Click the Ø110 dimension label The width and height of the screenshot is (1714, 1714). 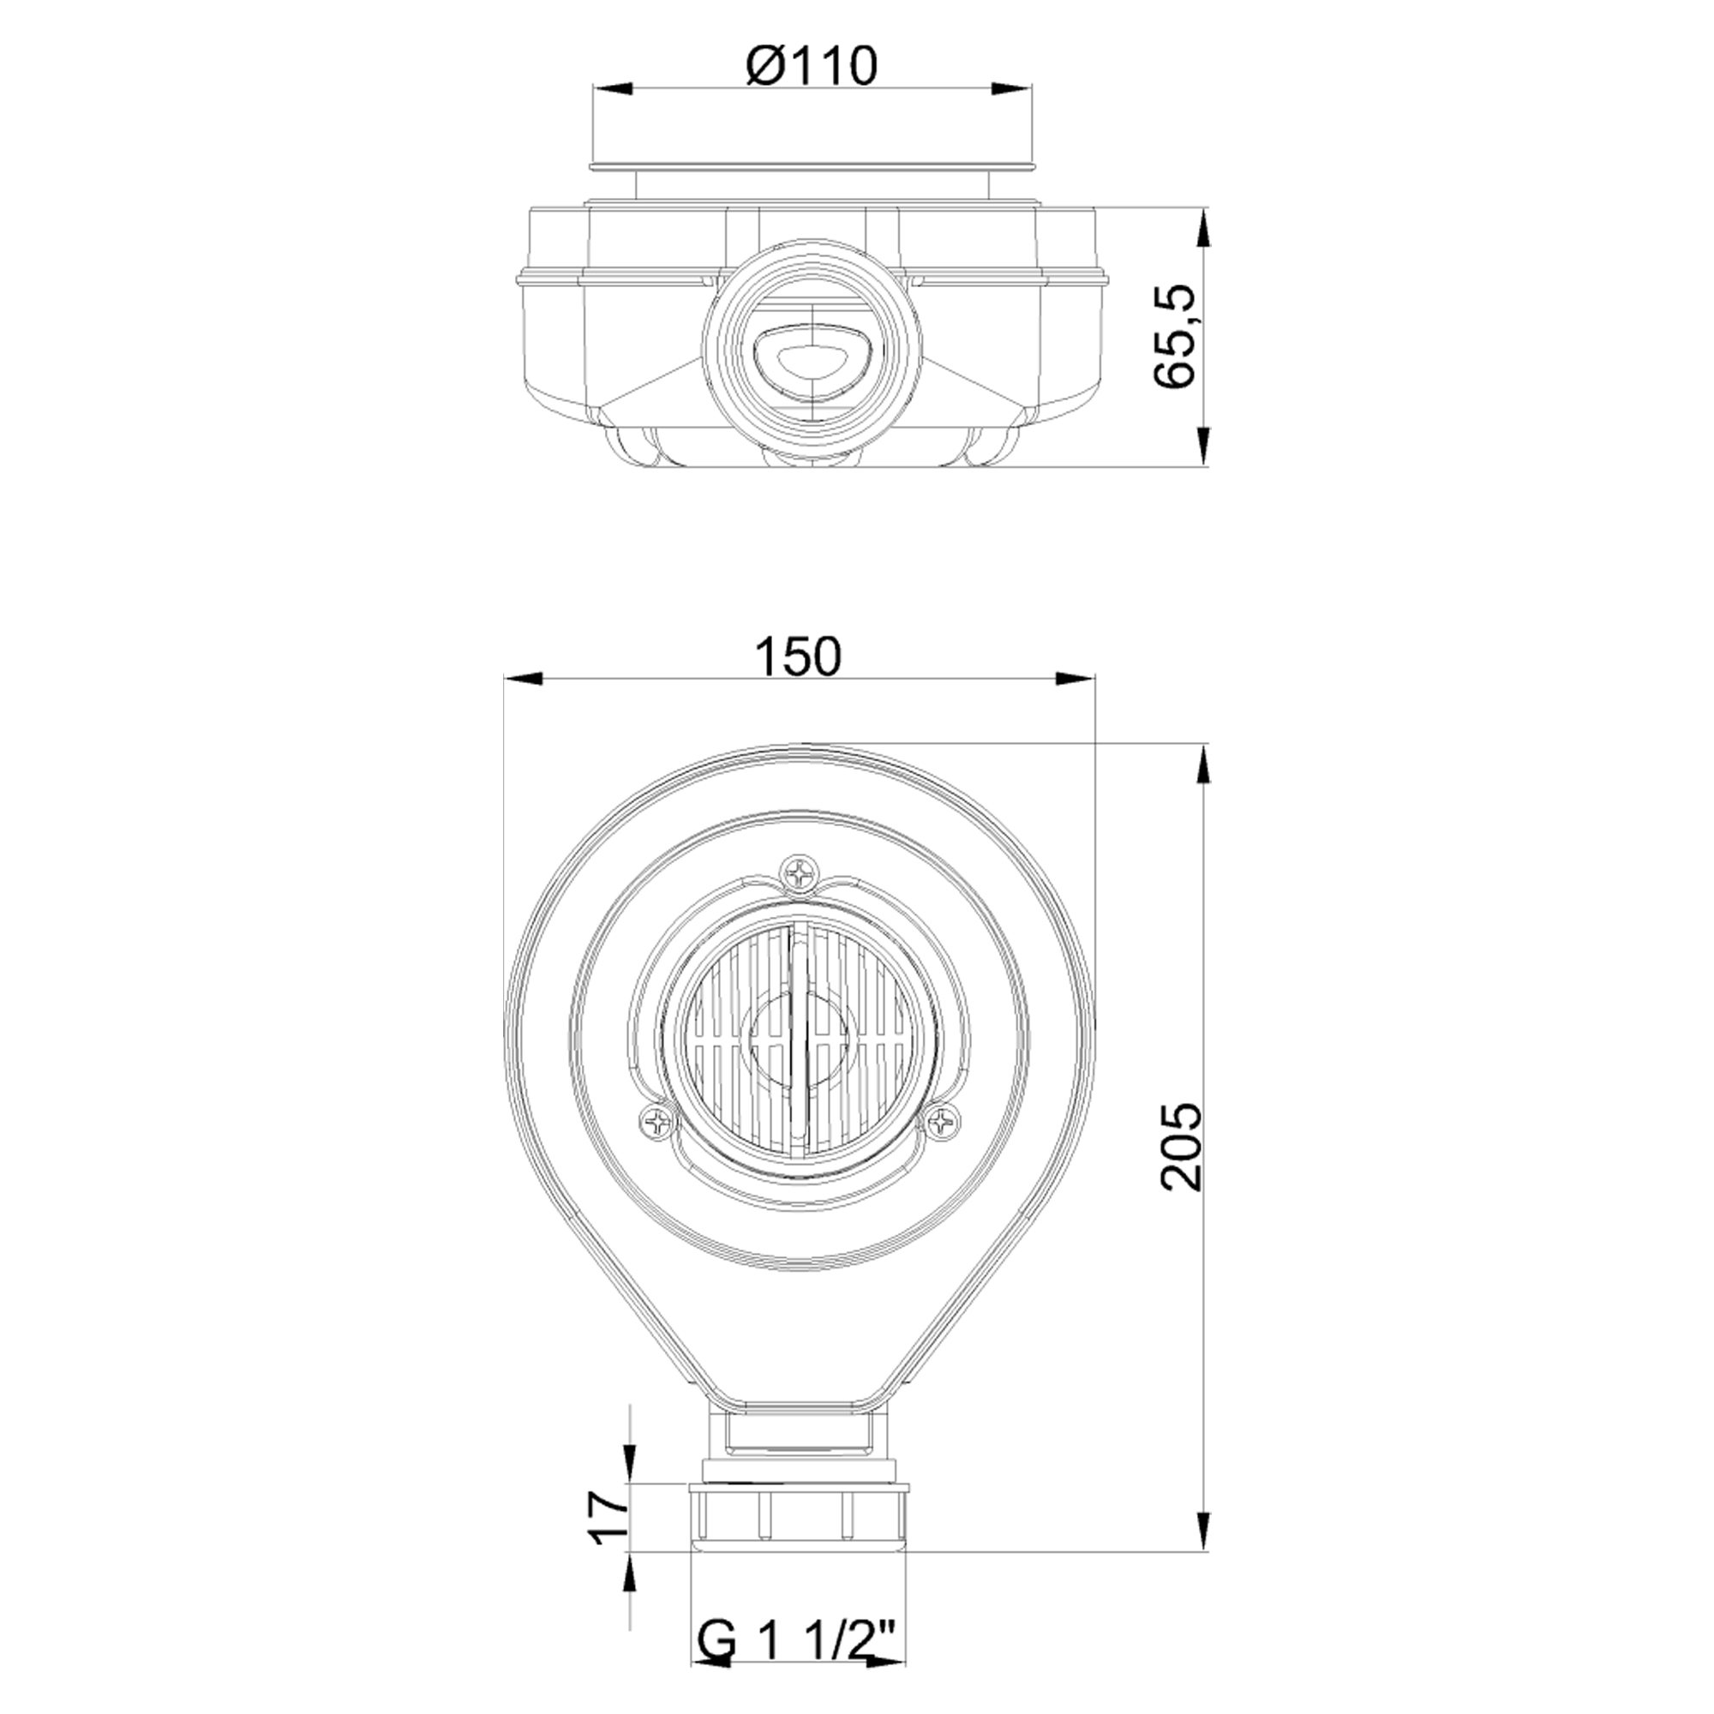[811, 66]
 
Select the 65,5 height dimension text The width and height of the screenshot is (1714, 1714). [1177, 337]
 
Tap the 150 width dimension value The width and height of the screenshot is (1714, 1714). [798, 657]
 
